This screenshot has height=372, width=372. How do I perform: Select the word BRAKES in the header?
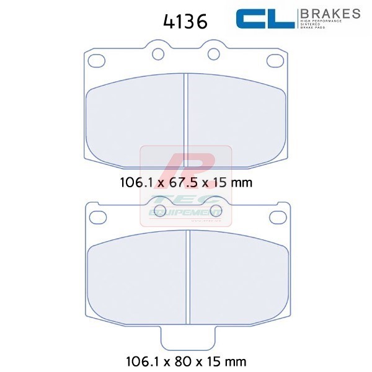(330, 13)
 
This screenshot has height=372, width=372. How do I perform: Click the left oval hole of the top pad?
(97, 60)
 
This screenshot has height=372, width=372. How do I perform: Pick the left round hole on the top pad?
(157, 54)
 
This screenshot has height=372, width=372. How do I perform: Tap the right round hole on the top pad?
(214, 54)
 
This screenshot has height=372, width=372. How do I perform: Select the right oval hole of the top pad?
(274, 60)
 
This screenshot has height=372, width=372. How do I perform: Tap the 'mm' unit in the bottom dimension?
(235, 359)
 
